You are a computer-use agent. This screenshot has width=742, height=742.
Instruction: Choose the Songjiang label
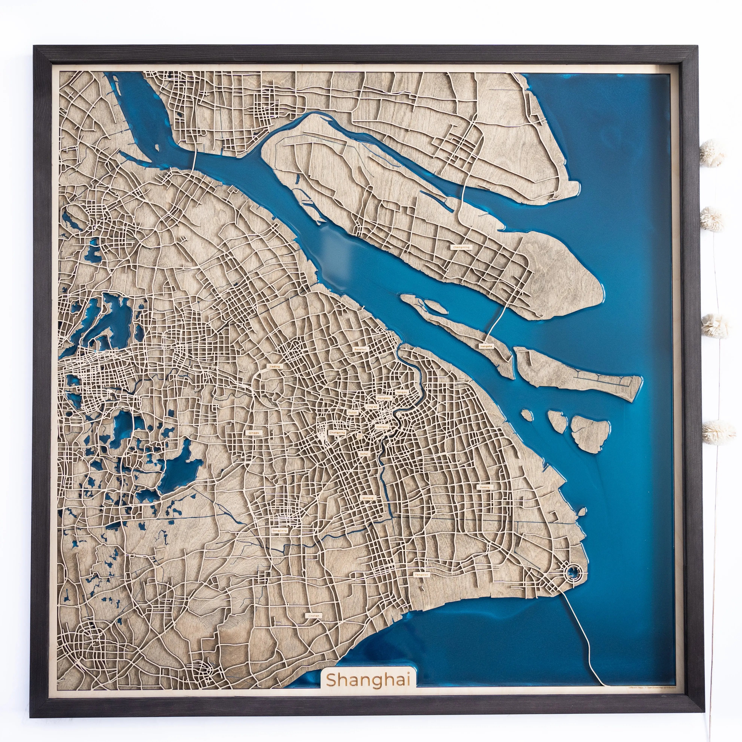click(x=279, y=530)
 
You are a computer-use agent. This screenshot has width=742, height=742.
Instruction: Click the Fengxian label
click(x=421, y=575)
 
